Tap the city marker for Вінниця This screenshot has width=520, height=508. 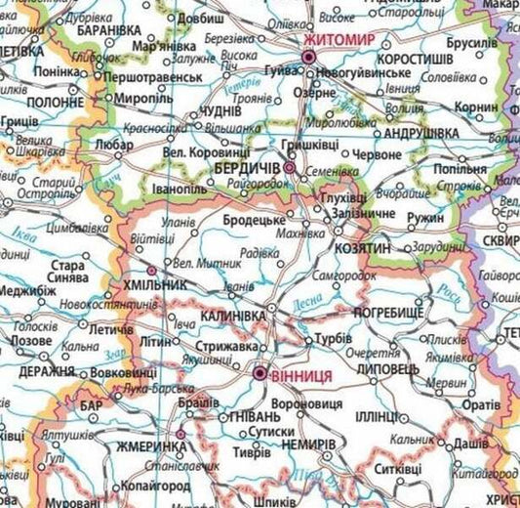click(x=260, y=372)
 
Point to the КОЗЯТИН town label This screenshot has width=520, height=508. click(x=365, y=249)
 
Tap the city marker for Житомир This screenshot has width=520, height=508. click(x=309, y=58)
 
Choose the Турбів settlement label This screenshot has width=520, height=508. click(x=332, y=339)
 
